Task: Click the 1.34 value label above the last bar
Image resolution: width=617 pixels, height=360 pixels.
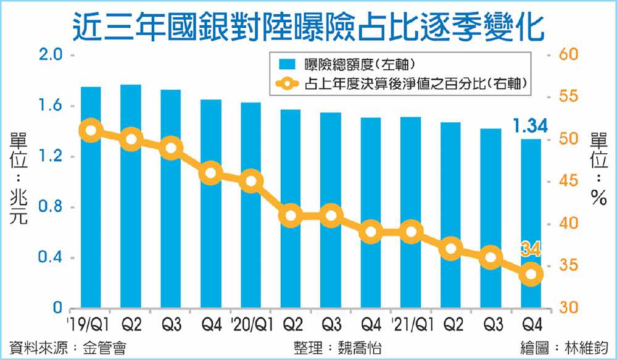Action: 530,127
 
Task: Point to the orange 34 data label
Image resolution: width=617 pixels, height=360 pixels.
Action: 531,250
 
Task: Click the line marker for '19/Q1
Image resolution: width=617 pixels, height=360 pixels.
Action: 91,130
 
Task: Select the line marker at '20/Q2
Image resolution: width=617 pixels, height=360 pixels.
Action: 291,216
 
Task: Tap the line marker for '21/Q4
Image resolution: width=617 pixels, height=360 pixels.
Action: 531,274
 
